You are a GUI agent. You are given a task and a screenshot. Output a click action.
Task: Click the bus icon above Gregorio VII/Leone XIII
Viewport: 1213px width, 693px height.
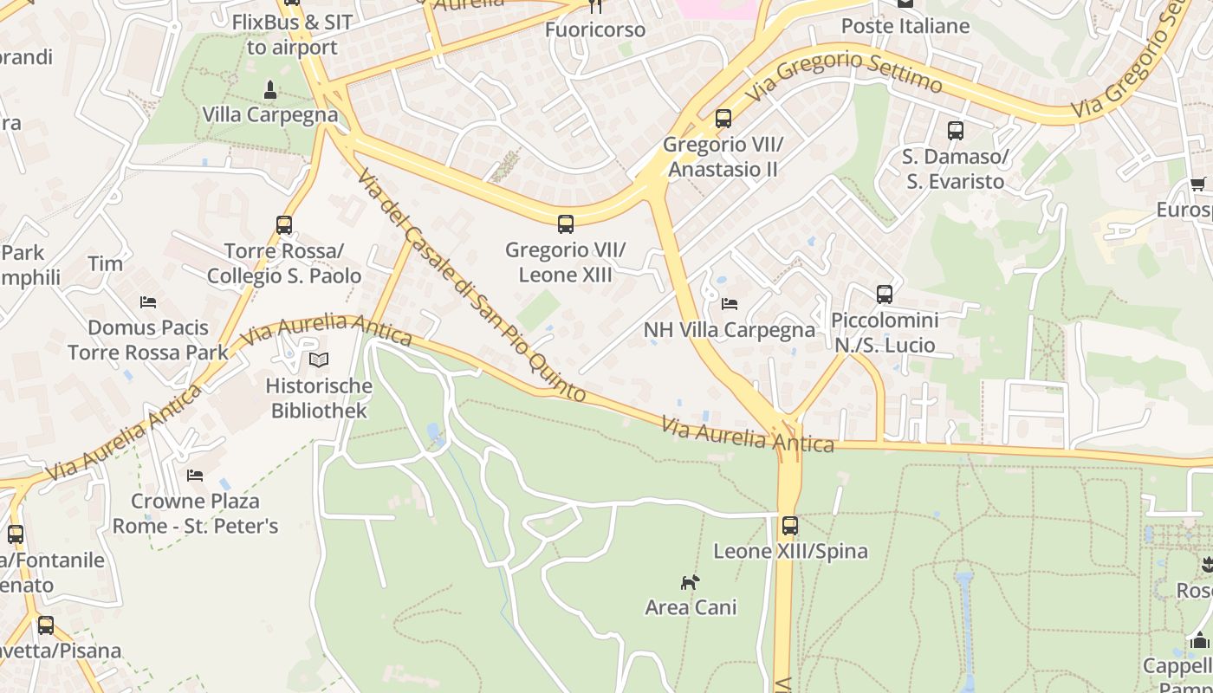(566, 224)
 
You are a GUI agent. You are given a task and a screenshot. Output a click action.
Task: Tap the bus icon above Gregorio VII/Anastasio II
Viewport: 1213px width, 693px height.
(723, 119)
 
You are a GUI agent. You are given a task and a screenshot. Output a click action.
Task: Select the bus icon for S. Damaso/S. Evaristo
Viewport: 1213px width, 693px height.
(956, 131)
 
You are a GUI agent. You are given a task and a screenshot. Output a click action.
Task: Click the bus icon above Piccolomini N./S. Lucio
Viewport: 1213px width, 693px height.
(884, 295)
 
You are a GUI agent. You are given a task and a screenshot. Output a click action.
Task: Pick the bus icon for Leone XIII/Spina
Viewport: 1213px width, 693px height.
(790, 526)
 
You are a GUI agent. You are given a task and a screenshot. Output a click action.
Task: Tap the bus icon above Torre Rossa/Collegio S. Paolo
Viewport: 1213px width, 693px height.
(284, 225)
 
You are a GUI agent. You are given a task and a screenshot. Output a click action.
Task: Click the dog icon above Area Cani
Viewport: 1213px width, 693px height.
(690, 582)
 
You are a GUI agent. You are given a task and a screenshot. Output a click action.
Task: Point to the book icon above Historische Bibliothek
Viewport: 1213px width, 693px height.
(319, 359)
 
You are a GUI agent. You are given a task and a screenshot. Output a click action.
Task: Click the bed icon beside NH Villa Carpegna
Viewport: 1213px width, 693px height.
(730, 304)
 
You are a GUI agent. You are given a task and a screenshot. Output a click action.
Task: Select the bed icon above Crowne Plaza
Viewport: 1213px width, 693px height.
(195, 476)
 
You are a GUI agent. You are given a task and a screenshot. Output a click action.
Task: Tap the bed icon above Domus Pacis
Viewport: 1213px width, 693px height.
(148, 302)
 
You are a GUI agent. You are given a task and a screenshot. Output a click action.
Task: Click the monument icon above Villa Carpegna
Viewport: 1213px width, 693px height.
(269, 89)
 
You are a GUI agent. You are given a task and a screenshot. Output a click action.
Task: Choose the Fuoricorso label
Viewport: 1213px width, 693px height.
(595, 29)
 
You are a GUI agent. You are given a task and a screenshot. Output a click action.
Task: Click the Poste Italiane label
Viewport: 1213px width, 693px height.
(905, 26)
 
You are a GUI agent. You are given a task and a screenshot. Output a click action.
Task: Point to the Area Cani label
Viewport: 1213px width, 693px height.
(691, 607)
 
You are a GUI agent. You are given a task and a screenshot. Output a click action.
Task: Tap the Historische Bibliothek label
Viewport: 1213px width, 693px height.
(319, 398)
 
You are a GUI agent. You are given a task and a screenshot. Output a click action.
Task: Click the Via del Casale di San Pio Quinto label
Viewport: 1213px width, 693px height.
(472, 286)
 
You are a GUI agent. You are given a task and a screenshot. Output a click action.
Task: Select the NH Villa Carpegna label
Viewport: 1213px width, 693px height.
(730, 330)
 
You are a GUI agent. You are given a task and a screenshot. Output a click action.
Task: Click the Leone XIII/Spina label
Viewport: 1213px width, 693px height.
(790, 551)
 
